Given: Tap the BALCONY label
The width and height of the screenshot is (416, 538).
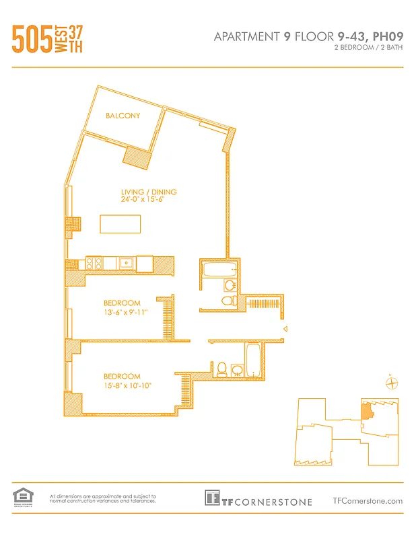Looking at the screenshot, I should coord(123,116).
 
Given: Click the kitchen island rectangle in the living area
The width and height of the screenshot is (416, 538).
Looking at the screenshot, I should coord(120,223).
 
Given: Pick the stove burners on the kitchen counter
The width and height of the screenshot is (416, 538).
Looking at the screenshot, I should coord(93,264).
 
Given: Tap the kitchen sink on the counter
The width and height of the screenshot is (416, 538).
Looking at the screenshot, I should coord(126,264).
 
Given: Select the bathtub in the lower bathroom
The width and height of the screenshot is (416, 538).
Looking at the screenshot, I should coord(254,360).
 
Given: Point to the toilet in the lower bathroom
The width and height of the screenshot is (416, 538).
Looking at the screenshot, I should coord(221,369).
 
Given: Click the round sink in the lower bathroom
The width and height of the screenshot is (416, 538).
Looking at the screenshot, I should coord(237,369).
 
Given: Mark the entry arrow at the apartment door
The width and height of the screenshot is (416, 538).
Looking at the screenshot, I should coord(285,329).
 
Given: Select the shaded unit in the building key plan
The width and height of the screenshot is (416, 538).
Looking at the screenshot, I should coord(366,410).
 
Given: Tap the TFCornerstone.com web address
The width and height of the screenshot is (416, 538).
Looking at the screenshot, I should coord(368,500).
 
